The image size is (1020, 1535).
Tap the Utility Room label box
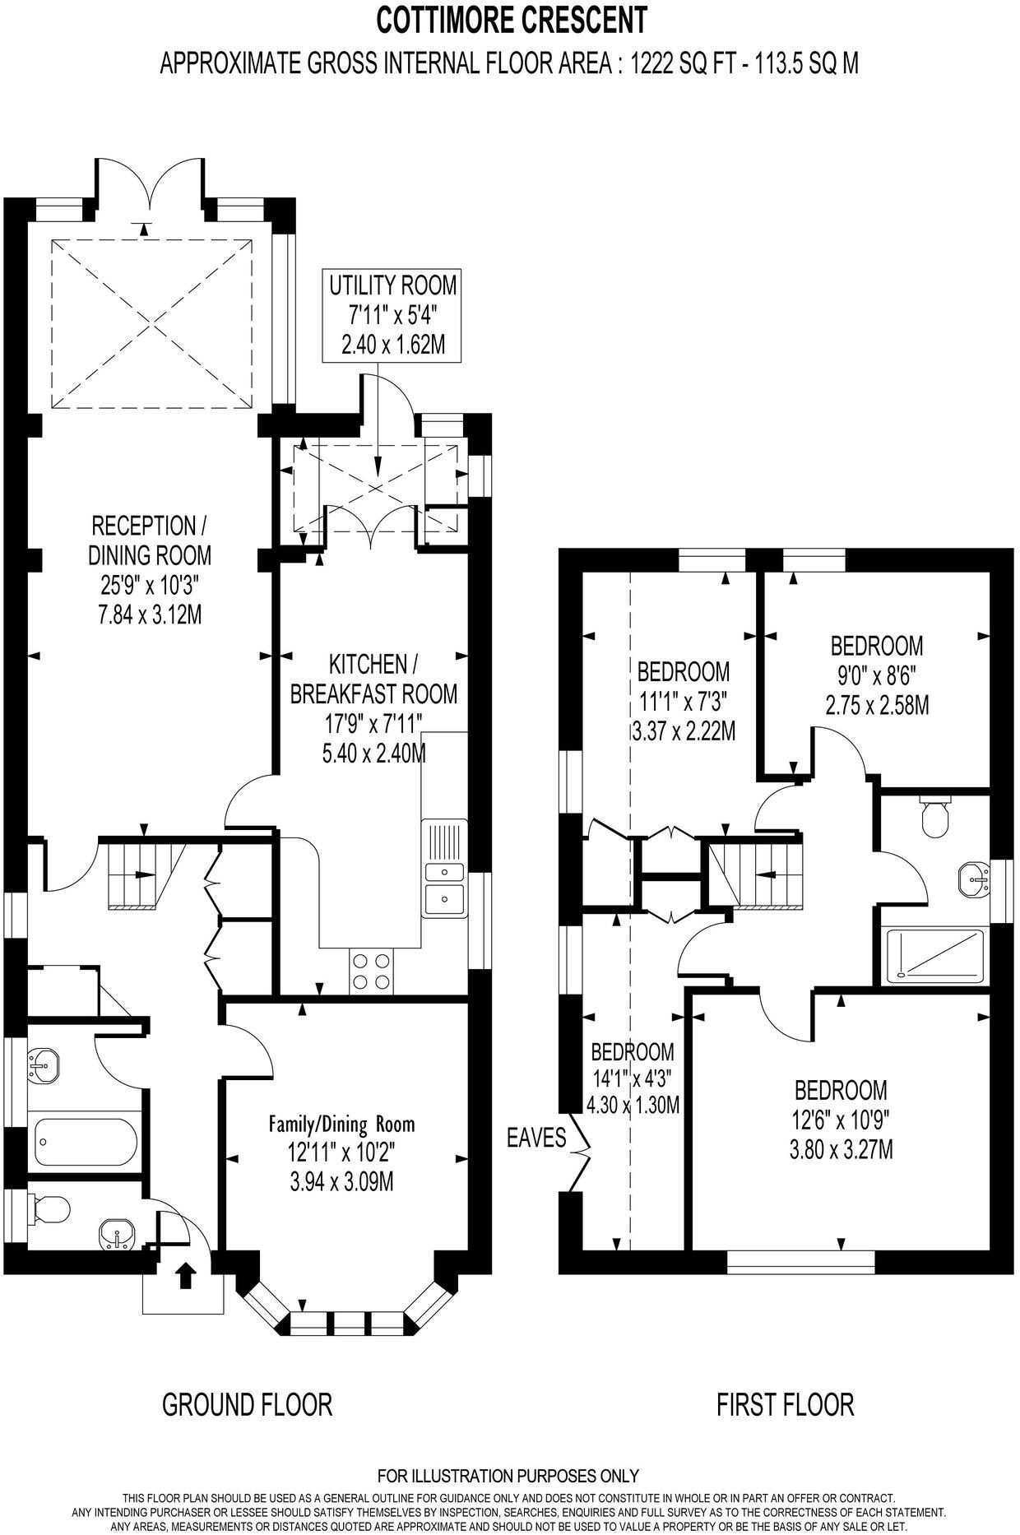pyautogui.click(x=392, y=315)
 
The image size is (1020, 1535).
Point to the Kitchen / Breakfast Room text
pyautogui.click(x=373, y=678)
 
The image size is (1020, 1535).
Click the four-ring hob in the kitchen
pyautogui.click(x=371, y=971)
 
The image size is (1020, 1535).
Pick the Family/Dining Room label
pyautogui.click(x=342, y=1124)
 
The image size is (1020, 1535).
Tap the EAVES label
pyautogui.click(x=536, y=1138)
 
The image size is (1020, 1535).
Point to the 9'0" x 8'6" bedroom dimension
pyautogui.click(x=877, y=676)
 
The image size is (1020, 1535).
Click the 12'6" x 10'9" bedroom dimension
pyautogui.click(x=841, y=1120)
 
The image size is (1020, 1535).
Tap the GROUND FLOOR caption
pyautogui.click(x=247, y=1404)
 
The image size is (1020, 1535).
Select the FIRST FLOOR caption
pyautogui.click(x=785, y=1404)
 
